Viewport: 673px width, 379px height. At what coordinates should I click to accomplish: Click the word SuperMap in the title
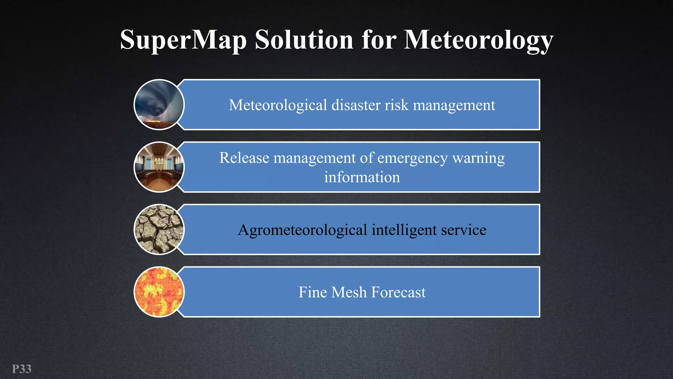pyautogui.click(x=183, y=40)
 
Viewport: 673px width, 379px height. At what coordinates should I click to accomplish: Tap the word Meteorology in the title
pyautogui.click(x=478, y=40)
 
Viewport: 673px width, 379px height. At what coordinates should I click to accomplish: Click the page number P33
pyautogui.click(x=22, y=369)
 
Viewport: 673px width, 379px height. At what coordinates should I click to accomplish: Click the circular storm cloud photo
pyautogui.click(x=159, y=105)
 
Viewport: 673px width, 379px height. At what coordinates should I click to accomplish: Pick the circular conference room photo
pyautogui.click(x=159, y=167)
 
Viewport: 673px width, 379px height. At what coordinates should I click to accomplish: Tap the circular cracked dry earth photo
pyautogui.click(x=159, y=229)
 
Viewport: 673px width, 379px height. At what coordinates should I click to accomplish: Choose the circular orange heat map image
pyautogui.click(x=159, y=292)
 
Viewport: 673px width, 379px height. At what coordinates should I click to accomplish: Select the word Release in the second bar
pyautogui.click(x=244, y=158)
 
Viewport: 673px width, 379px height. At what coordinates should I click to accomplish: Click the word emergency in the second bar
pyautogui.click(x=412, y=159)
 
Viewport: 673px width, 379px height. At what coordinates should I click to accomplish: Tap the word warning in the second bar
pyautogui.click(x=478, y=159)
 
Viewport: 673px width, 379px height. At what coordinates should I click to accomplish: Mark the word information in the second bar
pyautogui.click(x=362, y=177)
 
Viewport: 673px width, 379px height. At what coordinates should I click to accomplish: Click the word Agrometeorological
pyautogui.click(x=302, y=230)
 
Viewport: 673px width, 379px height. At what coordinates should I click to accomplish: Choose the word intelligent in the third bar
pyautogui.click(x=404, y=230)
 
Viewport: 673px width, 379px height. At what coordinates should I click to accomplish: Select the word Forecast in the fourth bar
pyautogui.click(x=398, y=292)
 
